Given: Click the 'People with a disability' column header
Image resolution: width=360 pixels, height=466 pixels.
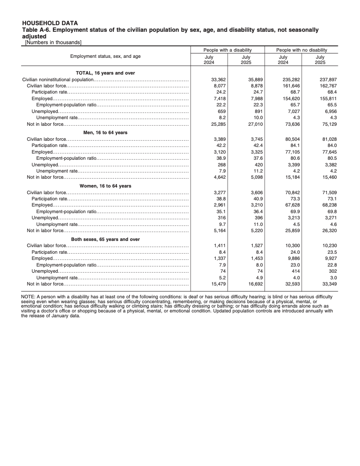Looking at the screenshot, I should pyautogui.click(x=227, y=50).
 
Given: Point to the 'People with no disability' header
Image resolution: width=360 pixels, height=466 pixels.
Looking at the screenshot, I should pyautogui.click(x=302, y=50).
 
